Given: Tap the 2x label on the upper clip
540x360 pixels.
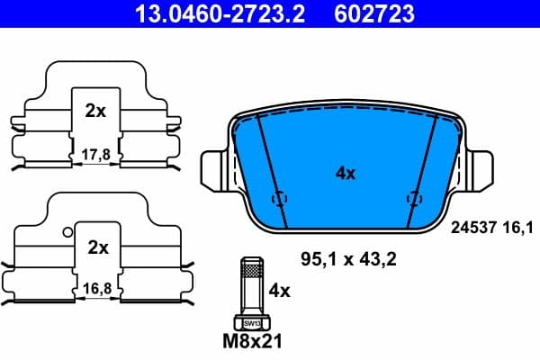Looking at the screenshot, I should coord(95,112).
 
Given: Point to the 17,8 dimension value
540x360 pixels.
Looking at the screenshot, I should coord(95,155).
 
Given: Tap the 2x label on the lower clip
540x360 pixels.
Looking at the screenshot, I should coord(97,247).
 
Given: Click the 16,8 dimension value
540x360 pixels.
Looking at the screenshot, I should coord(97,290).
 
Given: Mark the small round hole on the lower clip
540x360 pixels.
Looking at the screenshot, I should coord(67,232).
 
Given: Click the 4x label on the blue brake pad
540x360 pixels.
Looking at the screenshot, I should coord(345,174).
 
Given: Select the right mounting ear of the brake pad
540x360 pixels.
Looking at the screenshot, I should coord(478,166).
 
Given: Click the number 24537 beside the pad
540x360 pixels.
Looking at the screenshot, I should coord(466,229).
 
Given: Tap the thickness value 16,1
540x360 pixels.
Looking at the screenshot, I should coord(510,229).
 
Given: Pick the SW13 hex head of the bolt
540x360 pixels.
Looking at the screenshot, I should coord(251,322).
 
